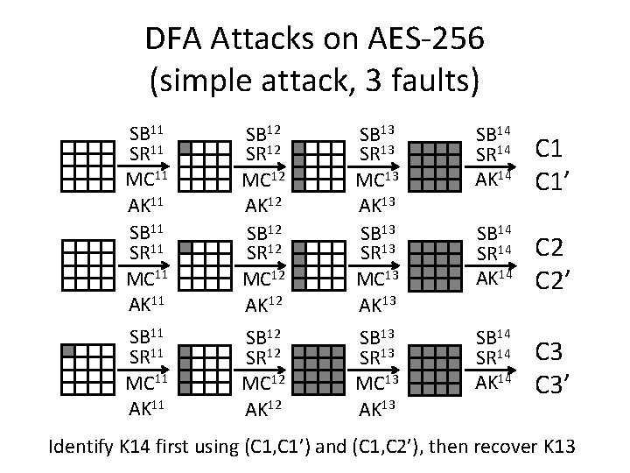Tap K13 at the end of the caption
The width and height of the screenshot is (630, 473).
555,448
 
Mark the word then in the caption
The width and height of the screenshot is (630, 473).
447,448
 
